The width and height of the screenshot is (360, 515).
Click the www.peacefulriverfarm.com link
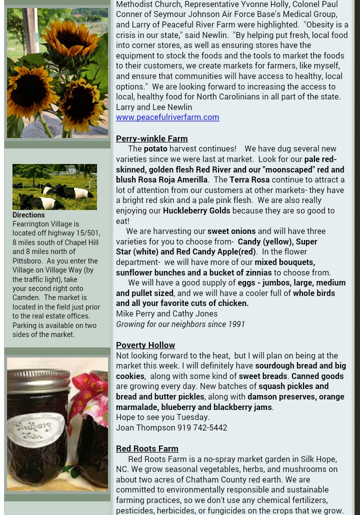pyautogui.click(x=167, y=117)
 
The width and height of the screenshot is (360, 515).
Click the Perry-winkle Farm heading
pyautogui.click(x=151, y=138)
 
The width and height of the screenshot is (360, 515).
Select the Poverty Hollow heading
pyautogui.click(x=145, y=345)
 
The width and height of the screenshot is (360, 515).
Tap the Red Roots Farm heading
pyautogui.click(x=147, y=448)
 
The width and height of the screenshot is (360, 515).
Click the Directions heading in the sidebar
pyautogui.click(x=28, y=215)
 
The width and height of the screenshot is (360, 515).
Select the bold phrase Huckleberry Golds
pyautogui.click(x=196, y=210)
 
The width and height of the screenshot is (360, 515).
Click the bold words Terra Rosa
pyautogui.click(x=249, y=179)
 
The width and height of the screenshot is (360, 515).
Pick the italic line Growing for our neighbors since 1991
pyautogui.click(x=180, y=324)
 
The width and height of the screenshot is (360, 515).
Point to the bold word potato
pyautogui.click(x=155, y=148)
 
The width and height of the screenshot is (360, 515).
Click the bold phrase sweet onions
pyautogui.click(x=231, y=231)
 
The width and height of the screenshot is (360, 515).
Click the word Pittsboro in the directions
pyautogui.click(x=26, y=261)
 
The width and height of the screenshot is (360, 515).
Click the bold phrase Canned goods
pyautogui.click(x=317, y=376)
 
